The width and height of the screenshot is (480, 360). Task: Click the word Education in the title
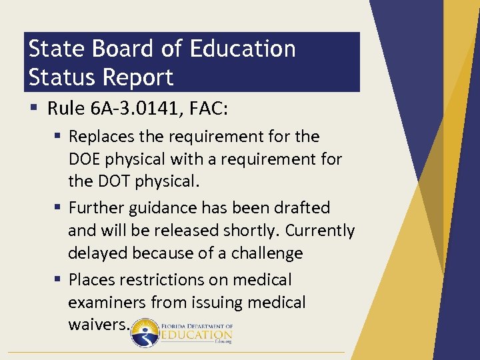[242, 49]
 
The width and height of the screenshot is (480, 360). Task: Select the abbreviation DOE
[85, 159]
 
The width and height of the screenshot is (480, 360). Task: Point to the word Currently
[321, 231]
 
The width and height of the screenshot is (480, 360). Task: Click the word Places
[91, 280]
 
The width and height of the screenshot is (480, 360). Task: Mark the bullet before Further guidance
[59, 208]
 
